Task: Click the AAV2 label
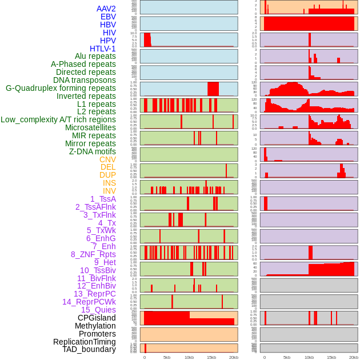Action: [x=106, y=9]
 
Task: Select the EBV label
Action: [x=107, y=17]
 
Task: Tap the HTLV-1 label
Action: [x=102, y=49]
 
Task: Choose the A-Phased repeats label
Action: [x=83, y=64]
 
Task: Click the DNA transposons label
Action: [x=85, y=80]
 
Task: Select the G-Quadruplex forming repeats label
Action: [x=61, y=88]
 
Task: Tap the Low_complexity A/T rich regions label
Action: [x=58, y=119]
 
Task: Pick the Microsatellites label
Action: [x=90, y=127]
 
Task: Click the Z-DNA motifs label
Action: [x=92, y=151]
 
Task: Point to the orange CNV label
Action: [x=107, y=159]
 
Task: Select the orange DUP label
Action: [x=107, y=175]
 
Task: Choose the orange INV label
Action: [x=109, y=191]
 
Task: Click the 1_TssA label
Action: [x=103, y=199]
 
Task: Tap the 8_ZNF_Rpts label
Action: [x=93, y=254]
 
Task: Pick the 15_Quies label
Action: [x=98, y=310]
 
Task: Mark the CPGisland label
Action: [x=97, y=318]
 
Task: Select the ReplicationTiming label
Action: [x=85, y=342]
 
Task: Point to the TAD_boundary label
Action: [x=89, y=349]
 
